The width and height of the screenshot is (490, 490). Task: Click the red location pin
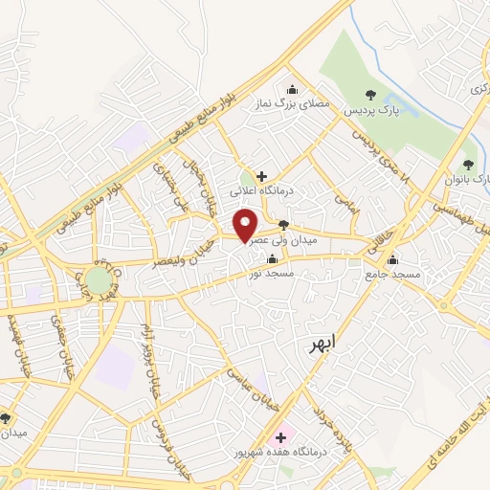tap(246, 226)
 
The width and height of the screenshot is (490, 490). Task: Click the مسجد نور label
tap(272, 274)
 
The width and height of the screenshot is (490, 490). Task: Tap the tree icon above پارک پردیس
tap(370, 94)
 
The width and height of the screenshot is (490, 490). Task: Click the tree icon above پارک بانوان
tap(468, 165)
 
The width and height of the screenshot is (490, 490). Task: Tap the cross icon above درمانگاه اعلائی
tap(261, 175)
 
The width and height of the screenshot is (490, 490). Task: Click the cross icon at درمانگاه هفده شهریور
tap(280, 436)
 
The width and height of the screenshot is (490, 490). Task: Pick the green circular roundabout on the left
tap(98, 280)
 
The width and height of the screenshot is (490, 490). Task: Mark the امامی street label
tap(345, 198)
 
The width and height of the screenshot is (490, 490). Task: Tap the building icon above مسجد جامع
tap(391, 258)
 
